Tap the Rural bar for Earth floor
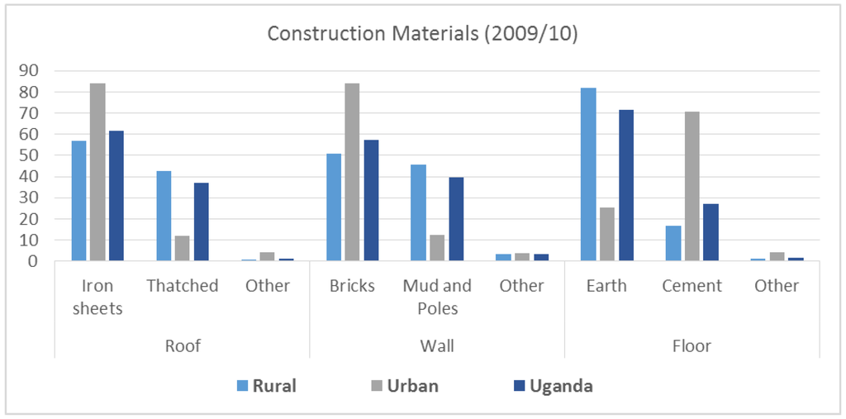click(x=588, y=174)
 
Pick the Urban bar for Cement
click(x=692, y=186)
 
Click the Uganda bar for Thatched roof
click(x=202, y=221)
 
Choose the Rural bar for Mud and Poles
click(x=418, y=212)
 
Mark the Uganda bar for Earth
click(x=626, y=185)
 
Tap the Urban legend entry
click(x=404, y=386)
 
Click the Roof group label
click(x=183, y=345)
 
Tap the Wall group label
click(x=437, y=345)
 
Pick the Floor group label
click(x=692, y=345)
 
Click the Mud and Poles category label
click(x=437, y=296)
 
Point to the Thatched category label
click(x=183, y=286)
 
